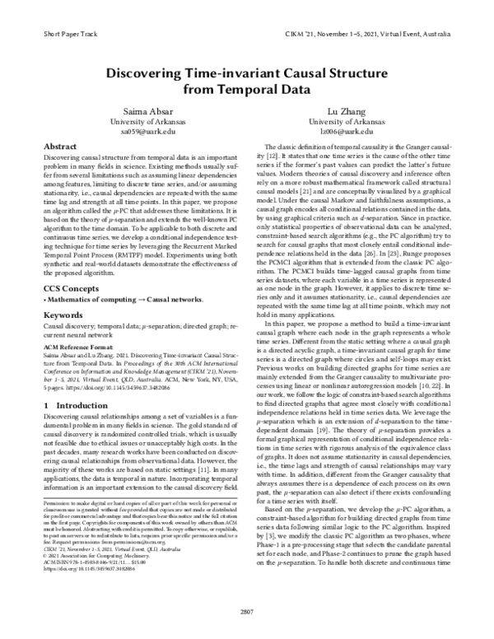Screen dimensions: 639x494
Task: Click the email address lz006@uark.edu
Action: point(361,131)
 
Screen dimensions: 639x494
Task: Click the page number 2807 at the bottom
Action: point(247,611)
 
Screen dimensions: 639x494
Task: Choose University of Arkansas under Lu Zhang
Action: point(361,121)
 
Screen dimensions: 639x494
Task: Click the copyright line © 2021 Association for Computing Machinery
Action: point(92,553)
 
